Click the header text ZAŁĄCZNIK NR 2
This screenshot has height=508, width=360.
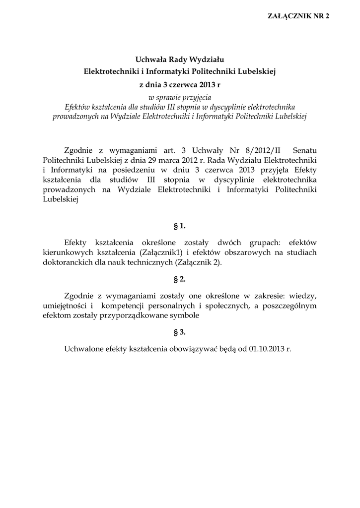pyautogui.click(x=298, y=16)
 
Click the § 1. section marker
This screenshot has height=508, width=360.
pyautogui.click(x=180, y=226)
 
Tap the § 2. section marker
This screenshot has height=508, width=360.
pyautogui.click(x=180, y=279)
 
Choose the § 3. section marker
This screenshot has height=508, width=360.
pyautogui.click(x=180, y=332)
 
